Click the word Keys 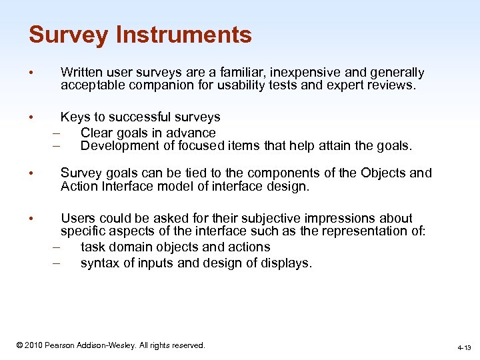click(75, 117)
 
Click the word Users click(78, 219)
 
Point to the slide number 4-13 click(464, 347)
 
